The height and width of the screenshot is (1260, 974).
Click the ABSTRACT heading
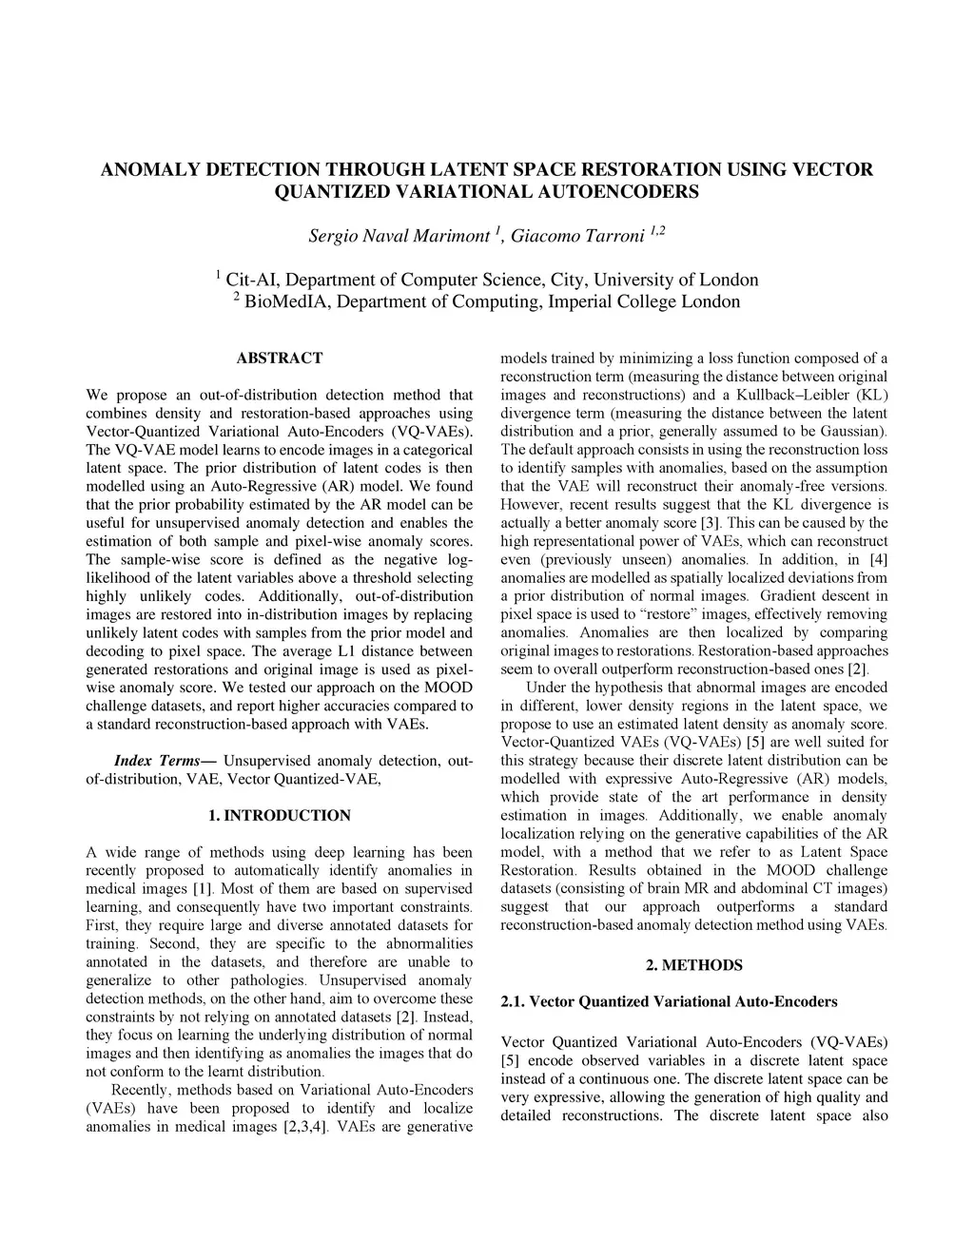279,359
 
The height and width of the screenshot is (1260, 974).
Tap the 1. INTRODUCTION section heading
279,816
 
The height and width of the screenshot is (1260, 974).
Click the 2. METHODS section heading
693,965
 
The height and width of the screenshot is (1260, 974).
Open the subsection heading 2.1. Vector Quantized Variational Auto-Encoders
669,1001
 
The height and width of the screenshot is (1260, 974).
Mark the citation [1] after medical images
202,889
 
